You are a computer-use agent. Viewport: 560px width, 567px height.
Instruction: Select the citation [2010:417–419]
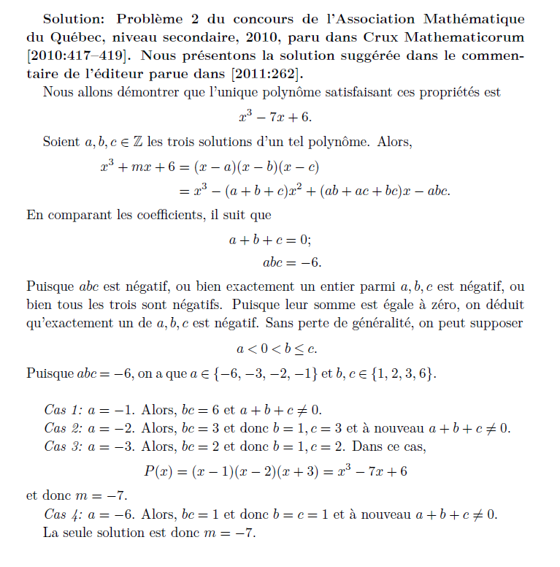tap(80, 56)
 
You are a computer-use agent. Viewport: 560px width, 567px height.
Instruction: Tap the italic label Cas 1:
tap(64, 410)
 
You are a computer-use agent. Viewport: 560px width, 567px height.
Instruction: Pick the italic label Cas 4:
tap(64, 514)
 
